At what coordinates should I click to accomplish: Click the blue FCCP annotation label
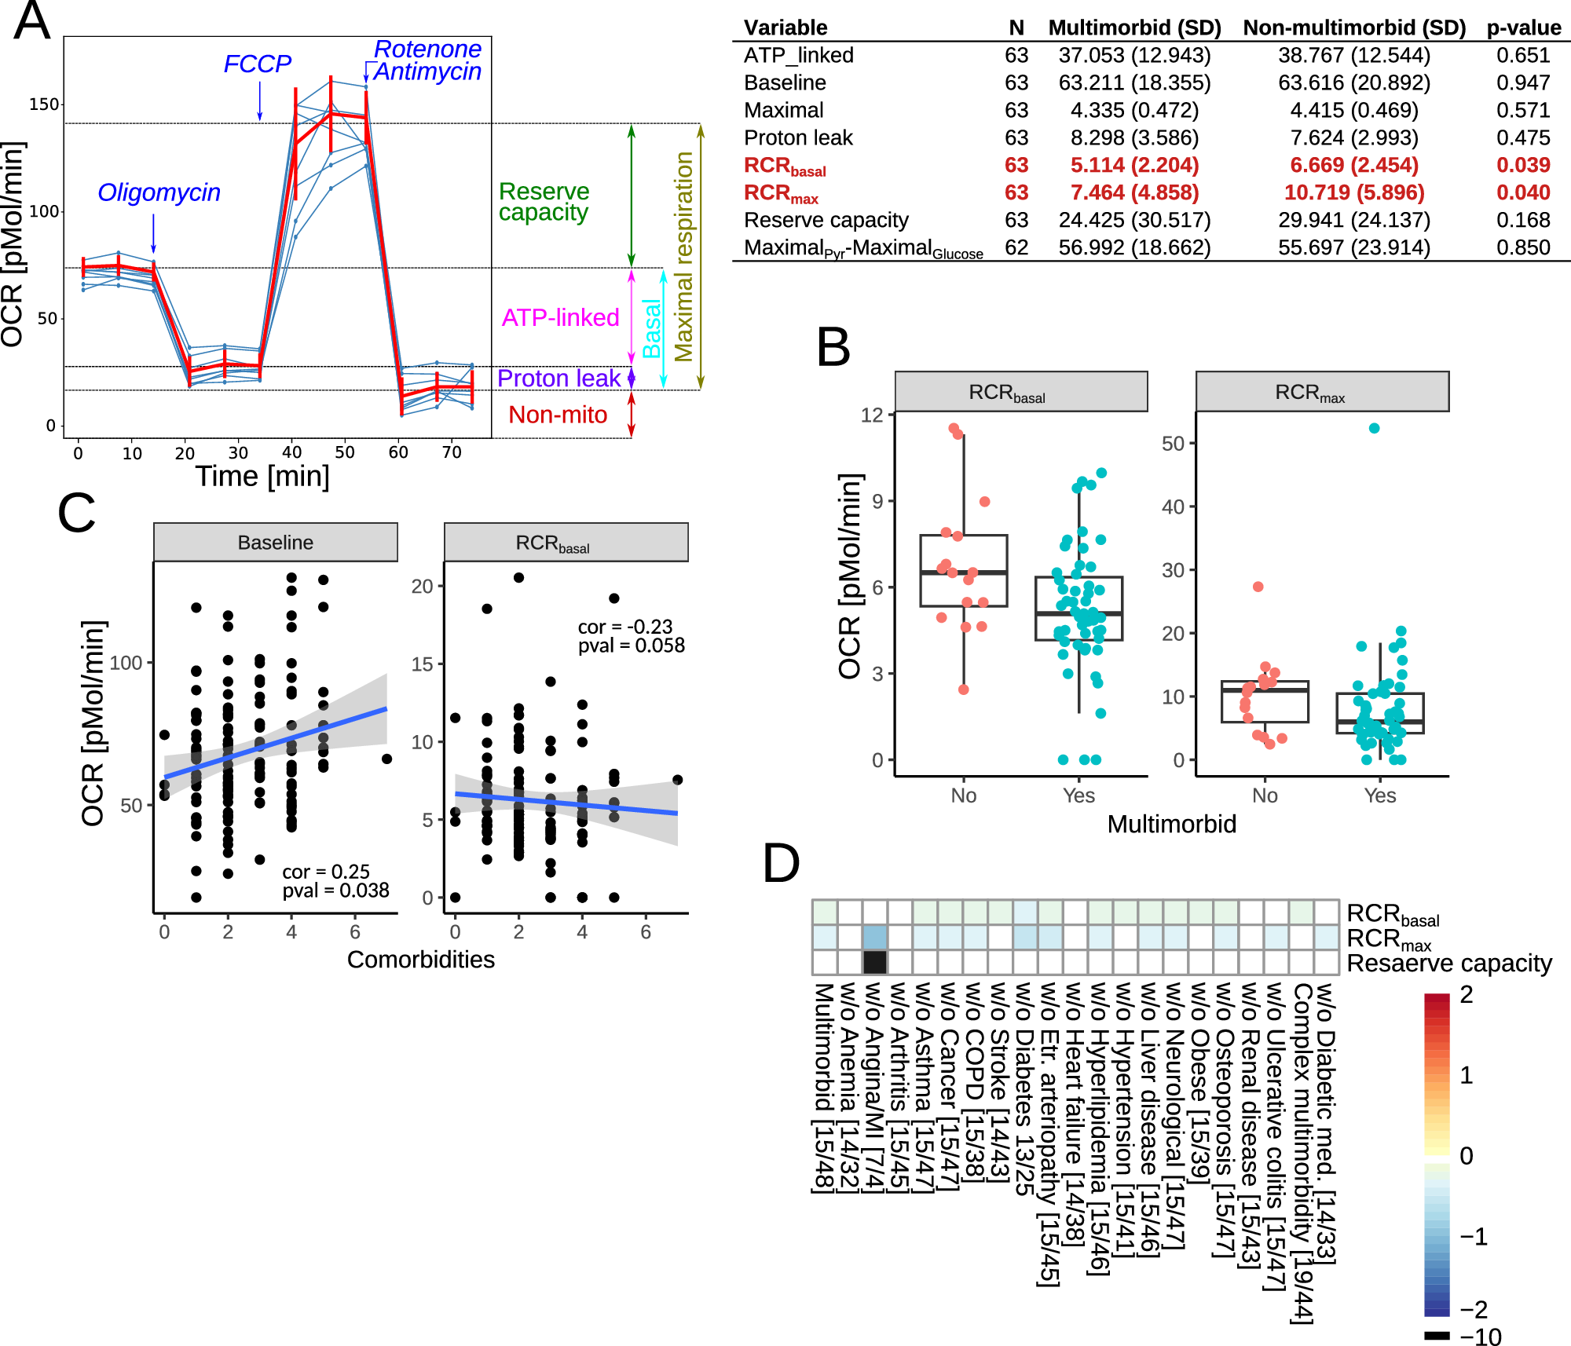click(x=257, y=64)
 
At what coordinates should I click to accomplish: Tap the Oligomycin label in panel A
click(x=159, y=192)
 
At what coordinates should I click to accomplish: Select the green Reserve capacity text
click(x=544, y=202)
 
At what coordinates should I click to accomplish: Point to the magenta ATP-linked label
click(x=560, y=317)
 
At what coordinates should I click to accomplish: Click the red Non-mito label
click(x=558, y=415)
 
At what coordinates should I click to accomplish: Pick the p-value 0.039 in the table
click(x=1522, y=165)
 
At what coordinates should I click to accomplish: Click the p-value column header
click(x=1523, y=27)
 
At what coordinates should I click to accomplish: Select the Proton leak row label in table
click(x=797, y=137)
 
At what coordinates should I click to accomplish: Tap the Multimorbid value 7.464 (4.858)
click(x=1134, y=192)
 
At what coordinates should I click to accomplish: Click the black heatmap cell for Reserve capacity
click(x=875, y=962)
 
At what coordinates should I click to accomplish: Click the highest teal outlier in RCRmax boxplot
click(x=1374, y=428)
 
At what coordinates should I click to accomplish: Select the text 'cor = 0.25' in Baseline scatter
click(x=325, y=872)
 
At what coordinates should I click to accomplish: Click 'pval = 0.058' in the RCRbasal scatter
click(x=631, y=646)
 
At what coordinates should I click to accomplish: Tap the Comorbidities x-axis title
click(x=420, y=960)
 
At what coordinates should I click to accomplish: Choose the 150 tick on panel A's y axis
click(x=43, y=104)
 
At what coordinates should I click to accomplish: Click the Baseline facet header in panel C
click(x=275, y=543)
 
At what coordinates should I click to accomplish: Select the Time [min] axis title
click(x=262, y=476)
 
